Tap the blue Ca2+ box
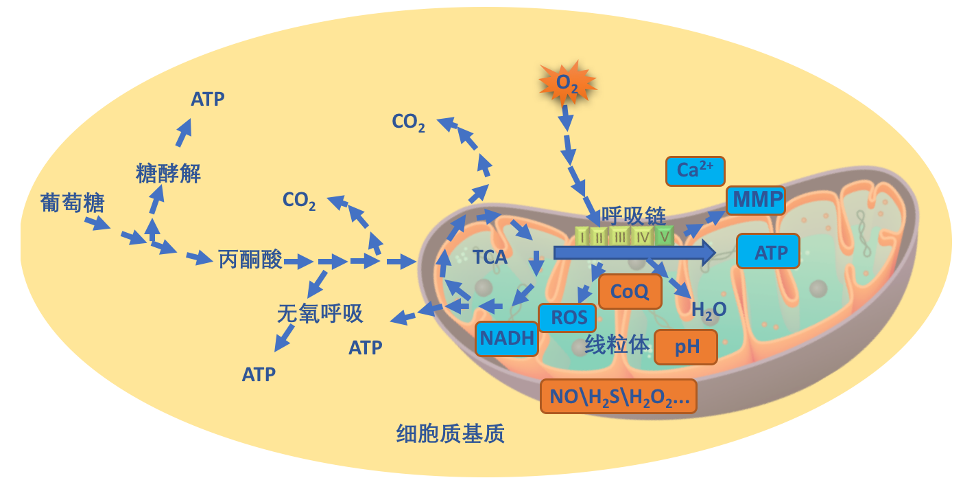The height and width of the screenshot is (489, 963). pyautogui.click(x=695, y=171)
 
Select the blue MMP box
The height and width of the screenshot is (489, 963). pyautogui.click(x=756, y=200)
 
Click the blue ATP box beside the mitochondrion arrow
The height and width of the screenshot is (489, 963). pyautogui.click(x=768, y=251)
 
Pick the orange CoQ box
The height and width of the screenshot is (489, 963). pyautogui.click(x=630, y=292)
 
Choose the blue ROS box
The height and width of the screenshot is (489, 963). pyautogui.click(x=567, y=318)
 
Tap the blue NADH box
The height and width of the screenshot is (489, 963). pyautogui.click(x=507, y=339)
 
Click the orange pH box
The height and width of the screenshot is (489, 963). pyautogui.click(x=686, y=347)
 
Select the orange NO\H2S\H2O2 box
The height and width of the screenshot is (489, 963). pyautogui.click(x=619, y=396)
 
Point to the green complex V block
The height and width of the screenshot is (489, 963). pyautogui.click(x=664, y=236)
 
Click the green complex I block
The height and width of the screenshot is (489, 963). pyautogui.click(x=582, y=236)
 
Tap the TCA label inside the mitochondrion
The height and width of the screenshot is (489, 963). pyautogui.click(x=490, y=258)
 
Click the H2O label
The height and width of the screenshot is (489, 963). pyautogui.click(x=709, y=310)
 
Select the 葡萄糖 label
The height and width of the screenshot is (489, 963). pyautogui.click(x=72, y=203)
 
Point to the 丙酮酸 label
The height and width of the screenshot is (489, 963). pyautogui.click(x=250, y=260)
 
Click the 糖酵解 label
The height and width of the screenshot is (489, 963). pyautogui.click(x=168, y=174)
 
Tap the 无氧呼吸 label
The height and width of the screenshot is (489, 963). pyautogui.click(x=320, y=313)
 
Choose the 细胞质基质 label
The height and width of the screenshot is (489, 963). pyautogui.click(x=450, y=433)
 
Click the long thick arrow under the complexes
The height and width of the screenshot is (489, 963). pyautogui.click(x=635, y=253)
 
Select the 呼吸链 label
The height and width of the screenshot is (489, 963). pyautogui.click(x=633, y=216)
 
